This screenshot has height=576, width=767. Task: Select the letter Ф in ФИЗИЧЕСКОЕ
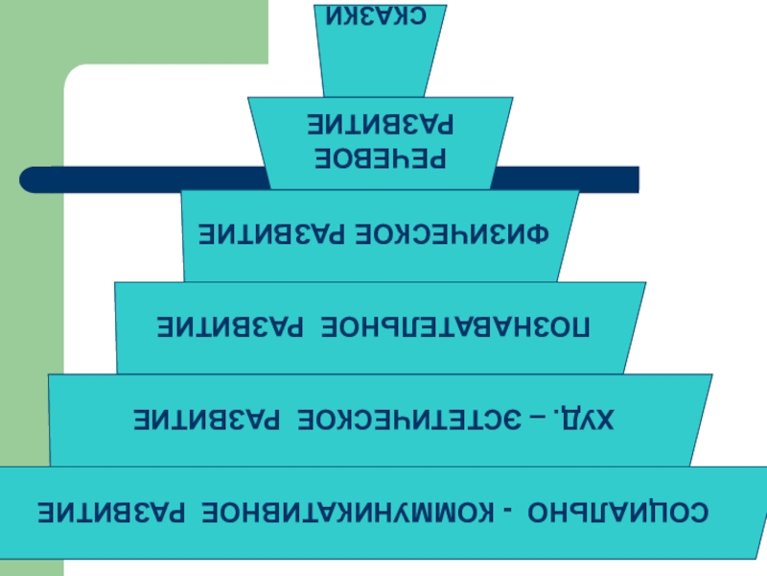(x=558, y=234)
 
